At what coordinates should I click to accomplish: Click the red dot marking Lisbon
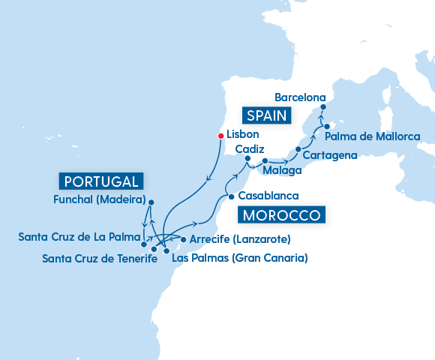point(220,136)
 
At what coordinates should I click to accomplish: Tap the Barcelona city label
point(300,97)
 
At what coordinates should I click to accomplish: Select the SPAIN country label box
point(267,115)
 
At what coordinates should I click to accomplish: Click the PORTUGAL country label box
point(101,181)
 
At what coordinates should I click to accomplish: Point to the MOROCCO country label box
point(281,215)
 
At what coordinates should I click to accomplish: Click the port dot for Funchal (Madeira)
point(151,202)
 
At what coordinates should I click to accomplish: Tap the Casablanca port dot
point(231,196)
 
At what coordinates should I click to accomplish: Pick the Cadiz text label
point(249,149)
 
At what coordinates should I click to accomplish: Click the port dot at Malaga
point(265,160)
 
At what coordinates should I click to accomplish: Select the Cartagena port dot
point(298,150)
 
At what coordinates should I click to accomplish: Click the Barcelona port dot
point(322,107)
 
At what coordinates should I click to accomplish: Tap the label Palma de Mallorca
point(372,136)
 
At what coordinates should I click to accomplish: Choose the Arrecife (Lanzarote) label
point(240,240)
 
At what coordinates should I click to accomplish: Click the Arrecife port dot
point(184,240)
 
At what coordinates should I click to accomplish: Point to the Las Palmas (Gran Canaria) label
point(240,259)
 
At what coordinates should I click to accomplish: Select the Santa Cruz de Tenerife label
point(100,259)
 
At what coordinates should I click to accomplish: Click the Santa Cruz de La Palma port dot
point(144,244)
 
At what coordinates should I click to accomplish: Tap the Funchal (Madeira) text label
point(100,200)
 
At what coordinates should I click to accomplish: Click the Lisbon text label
point(243,135)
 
